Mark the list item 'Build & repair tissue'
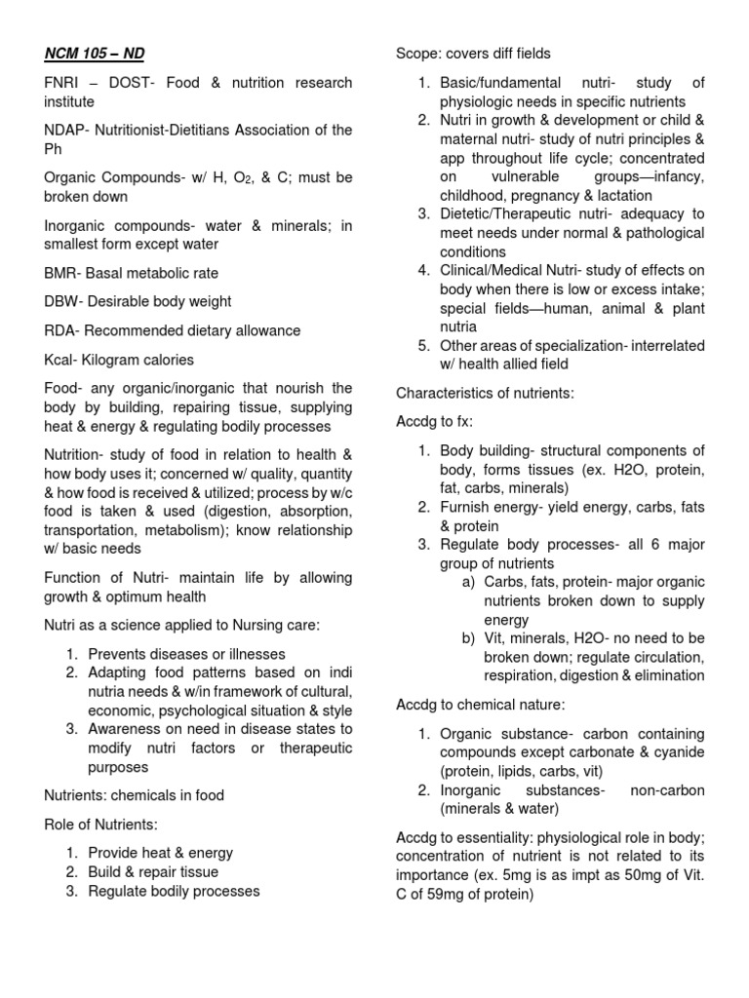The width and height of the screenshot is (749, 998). point(153,872)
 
